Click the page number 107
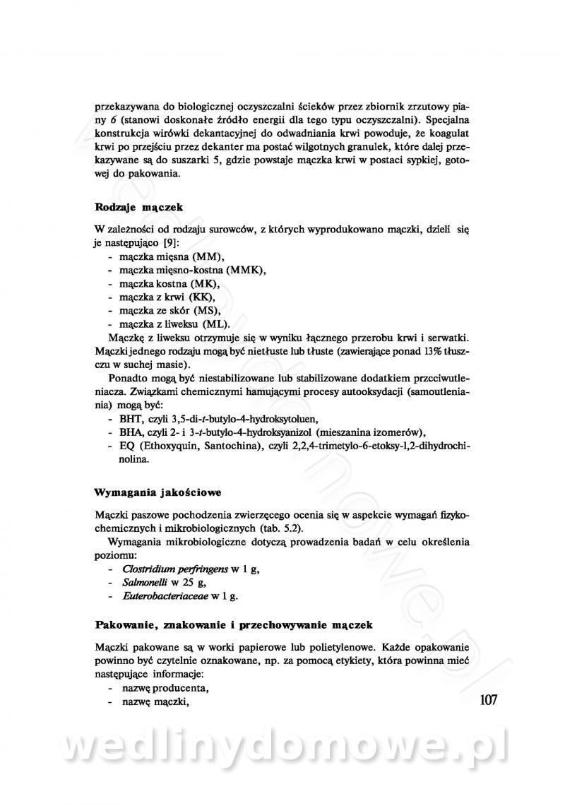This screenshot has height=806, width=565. [488, 700]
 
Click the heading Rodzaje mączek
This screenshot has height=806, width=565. [138, 207]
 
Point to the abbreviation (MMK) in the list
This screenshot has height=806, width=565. [249, 271]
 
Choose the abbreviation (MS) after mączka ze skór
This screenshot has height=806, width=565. [206, 311]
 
